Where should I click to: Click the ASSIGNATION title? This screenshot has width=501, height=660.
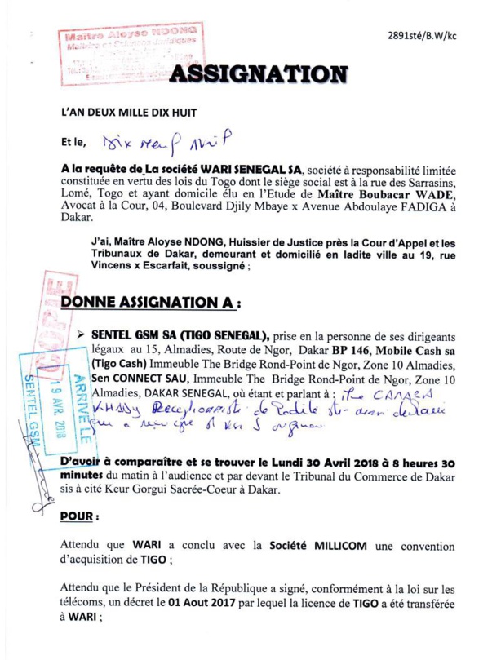pyautogui.click(x=256, y=75)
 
